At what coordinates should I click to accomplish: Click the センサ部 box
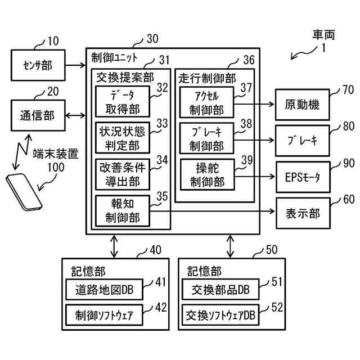click(38, 65)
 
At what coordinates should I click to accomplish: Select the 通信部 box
click(38, 116)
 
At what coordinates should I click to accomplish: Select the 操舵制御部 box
click(207, 175)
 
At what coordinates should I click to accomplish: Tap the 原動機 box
click(302, 105)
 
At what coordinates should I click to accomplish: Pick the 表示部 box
click(302, 213)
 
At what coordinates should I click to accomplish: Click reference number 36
click(248, 60)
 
